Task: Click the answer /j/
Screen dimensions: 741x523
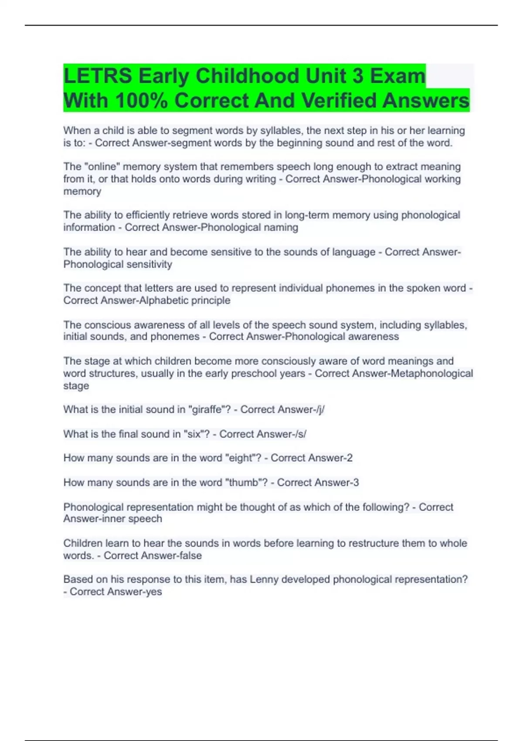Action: pos(320,410)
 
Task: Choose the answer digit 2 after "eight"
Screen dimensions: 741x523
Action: pos(350,458)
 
